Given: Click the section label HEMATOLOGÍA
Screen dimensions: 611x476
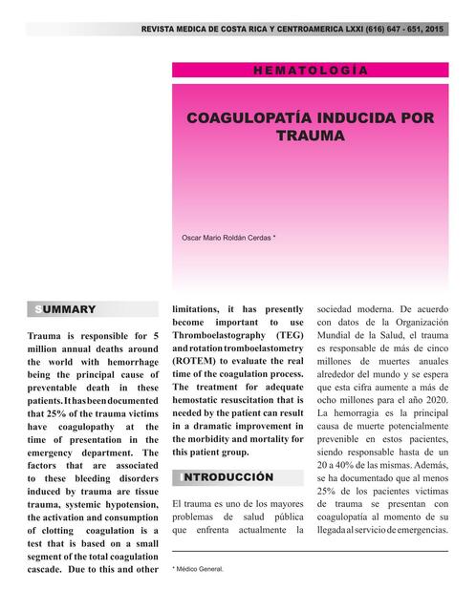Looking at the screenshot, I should point(310,71).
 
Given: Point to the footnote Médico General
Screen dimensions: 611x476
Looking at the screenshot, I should point(201,570).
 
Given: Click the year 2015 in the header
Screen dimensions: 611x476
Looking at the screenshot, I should point(434,31).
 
